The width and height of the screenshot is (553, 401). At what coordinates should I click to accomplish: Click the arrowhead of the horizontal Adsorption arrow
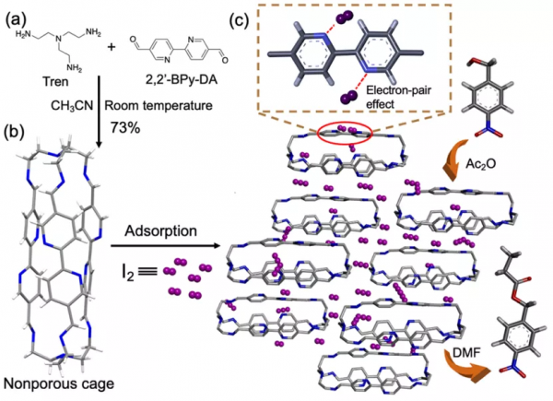218,247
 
